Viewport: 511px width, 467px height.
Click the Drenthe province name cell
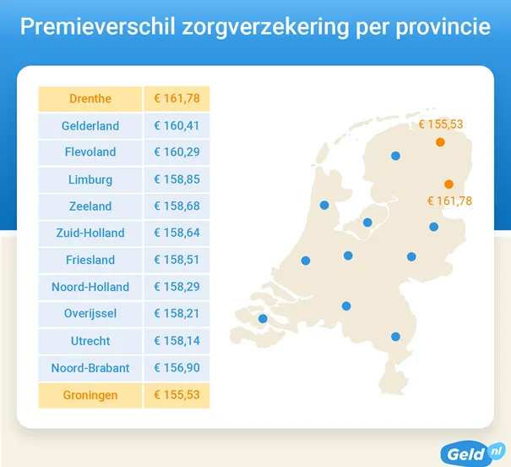(90, 99)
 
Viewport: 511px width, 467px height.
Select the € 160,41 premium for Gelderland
(176, 126)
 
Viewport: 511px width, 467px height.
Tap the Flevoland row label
(90, 152)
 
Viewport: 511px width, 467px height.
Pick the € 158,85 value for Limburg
(176, 179)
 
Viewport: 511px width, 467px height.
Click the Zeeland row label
(90, 206)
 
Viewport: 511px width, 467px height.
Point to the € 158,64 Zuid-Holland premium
(176, 233)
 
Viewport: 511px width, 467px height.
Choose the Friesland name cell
(90, 260)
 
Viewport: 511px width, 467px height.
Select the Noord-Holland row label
(90, 287)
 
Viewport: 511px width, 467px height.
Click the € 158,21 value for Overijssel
(176, 314)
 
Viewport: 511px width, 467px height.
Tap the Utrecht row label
(90, 341)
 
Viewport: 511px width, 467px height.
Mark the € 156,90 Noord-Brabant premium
(176, 368)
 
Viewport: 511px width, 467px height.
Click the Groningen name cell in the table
(90, 395)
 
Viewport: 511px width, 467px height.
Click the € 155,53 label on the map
(441, 124)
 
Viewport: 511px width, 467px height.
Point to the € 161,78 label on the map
(449, 201)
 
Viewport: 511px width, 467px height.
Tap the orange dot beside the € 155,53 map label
(440, 142)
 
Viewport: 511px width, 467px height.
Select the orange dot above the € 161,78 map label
(448, 184)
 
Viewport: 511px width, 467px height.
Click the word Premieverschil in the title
(97, 27)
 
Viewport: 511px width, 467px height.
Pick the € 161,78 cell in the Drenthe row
(176, 99)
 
